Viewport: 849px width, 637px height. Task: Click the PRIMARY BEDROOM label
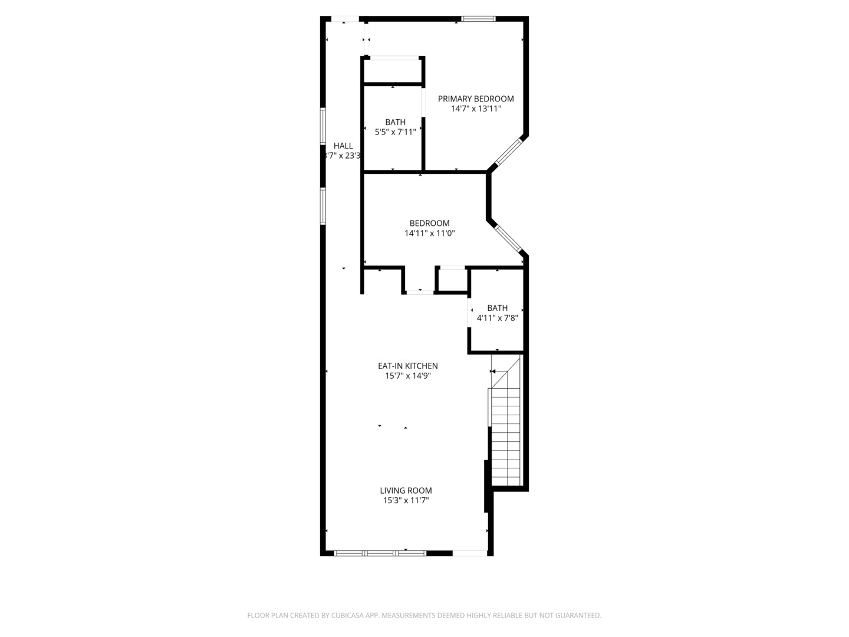tap(475, 98)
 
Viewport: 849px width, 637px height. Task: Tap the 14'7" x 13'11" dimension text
tap(475, 109)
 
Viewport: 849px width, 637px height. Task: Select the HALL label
tap(343, 146)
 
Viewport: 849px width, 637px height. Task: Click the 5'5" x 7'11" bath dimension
tap(395, 132)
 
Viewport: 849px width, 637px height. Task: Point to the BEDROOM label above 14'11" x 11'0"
tap(429, 223)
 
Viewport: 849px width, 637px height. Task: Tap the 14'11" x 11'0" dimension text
tap(429, 233)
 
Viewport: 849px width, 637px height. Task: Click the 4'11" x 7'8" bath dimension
tap(497, 318)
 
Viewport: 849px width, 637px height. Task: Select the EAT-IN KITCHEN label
tap(407, 366)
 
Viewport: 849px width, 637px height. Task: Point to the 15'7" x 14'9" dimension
tap(407, 376)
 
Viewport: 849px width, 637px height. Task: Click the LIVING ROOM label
tap(406, 490)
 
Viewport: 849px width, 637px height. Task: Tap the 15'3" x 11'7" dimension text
tap(406, 500)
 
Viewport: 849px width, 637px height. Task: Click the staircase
tap(506, 436)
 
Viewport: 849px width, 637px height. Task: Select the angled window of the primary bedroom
tap(509, 151)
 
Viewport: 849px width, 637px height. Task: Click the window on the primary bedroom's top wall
tap(478, 19)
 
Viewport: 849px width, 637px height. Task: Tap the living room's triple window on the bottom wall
tap(380, 553)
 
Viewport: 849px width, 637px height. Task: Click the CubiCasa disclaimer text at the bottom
tap(424, 615)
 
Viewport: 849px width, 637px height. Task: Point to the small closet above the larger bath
tap(393, 71)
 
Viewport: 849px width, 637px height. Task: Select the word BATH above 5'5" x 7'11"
tap(395, 122)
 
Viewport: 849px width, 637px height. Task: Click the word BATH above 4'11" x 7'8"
tap(497, 308)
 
